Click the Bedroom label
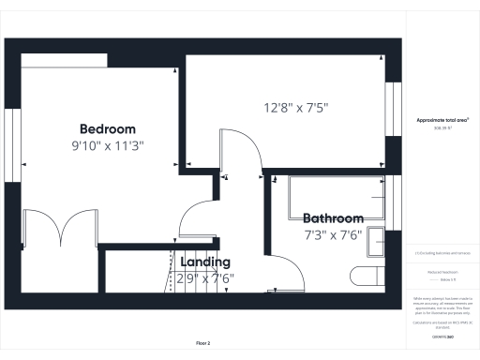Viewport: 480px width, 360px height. click(x=107, y=129)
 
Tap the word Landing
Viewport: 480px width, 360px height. click(x=206, y=263)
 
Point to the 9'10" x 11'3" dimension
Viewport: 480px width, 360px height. click(x=107, y=146)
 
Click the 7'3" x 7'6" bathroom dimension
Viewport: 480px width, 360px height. click(x=333, y=235)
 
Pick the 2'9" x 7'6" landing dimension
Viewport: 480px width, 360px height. click(x=205, y=278)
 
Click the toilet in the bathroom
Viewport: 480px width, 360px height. click(x=366, y=276)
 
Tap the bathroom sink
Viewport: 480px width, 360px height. click(x=376, y=241)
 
